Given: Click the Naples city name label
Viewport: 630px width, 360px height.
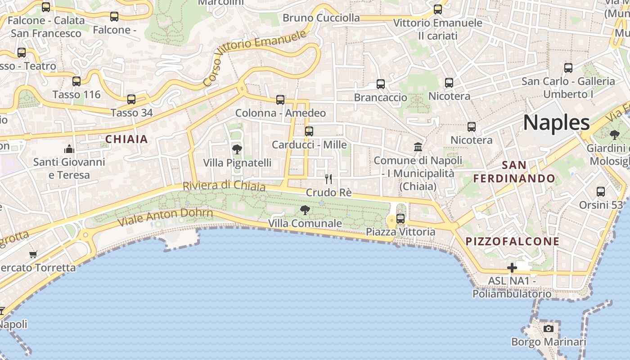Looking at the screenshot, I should [x=556, y=122].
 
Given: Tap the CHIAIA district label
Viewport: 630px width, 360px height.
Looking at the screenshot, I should [x=126, y=139].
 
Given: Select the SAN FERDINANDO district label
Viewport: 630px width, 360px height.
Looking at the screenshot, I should [x=514, y=172].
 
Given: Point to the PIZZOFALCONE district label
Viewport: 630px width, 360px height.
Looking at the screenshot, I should [x=513, y=241].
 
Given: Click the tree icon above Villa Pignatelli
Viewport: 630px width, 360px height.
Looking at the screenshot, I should [x=237, y=149].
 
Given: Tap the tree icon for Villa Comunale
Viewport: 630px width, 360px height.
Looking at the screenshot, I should [x=305, y=210].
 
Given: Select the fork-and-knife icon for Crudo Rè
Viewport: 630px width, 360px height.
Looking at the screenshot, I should [x=328, y=179].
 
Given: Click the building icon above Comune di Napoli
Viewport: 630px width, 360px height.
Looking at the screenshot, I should [x=418, y=147].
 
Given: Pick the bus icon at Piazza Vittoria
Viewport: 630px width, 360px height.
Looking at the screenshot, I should [x=400, y=219].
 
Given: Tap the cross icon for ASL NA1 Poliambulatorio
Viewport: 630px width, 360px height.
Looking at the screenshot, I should [x=512, y=268].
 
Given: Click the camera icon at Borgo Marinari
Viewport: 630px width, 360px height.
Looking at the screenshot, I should [x=548, y=328].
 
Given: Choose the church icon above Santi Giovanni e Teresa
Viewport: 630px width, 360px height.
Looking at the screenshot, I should [x=69, y=148].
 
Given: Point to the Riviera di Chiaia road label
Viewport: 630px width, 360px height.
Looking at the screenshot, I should [x=224, y=186].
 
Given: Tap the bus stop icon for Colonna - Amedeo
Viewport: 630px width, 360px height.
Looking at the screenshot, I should [x=280, y=100].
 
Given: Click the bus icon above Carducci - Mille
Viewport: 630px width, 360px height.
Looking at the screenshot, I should [x=309, y=131].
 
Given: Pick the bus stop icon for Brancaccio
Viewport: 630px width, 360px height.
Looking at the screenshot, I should [x=380, y=84].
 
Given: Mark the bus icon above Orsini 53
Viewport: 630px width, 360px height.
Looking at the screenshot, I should [x=600, y=192].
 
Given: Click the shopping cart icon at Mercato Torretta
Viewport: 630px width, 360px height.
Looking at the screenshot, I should [x=33, y=255].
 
